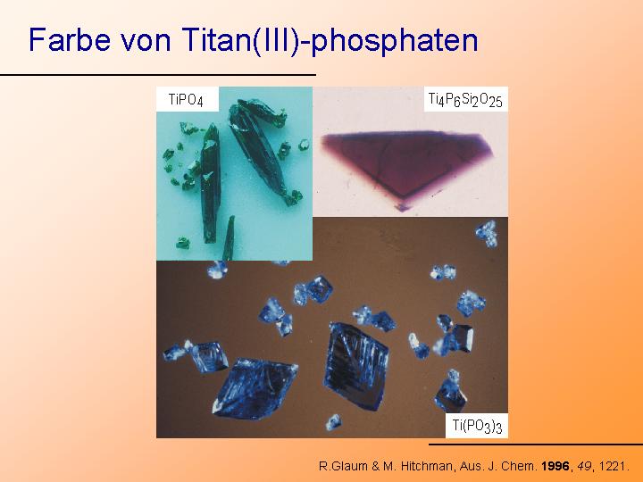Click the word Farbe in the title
[70, 39]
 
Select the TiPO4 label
[186, 100]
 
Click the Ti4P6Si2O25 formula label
[465, 100]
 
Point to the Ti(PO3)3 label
[477, 426]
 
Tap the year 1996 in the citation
[555, 466]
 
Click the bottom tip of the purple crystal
[402, 211]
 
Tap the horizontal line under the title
[158, 75]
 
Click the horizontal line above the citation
[536, 444]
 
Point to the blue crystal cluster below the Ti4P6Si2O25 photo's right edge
[488, 234]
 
